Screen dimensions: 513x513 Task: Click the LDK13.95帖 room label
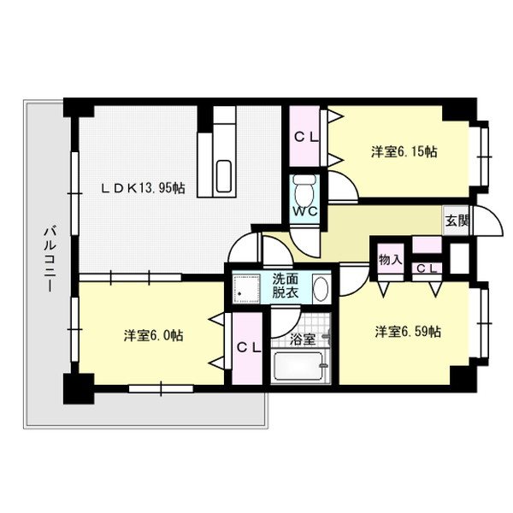pos(144,188)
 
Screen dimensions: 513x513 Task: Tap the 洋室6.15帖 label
pos(404,151)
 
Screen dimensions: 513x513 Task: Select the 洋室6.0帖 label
pos(152,335)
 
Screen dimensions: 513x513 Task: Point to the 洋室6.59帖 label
pos(406,331)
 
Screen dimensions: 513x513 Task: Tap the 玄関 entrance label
pos(457,220)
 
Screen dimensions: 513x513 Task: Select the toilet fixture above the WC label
pos(304,186)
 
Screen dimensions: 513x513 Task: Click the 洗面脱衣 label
pos(286,284)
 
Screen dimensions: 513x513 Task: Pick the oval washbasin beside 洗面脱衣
pos(320,287)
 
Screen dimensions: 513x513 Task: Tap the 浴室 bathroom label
pos(303,339)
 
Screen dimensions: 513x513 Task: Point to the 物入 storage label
pos(389,258)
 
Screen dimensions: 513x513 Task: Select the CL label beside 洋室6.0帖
pos(249,347)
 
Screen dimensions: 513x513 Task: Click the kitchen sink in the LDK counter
pos(225,176)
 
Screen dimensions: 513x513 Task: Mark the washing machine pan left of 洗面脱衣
pos(247,287)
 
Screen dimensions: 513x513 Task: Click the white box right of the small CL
pos(460,257)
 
